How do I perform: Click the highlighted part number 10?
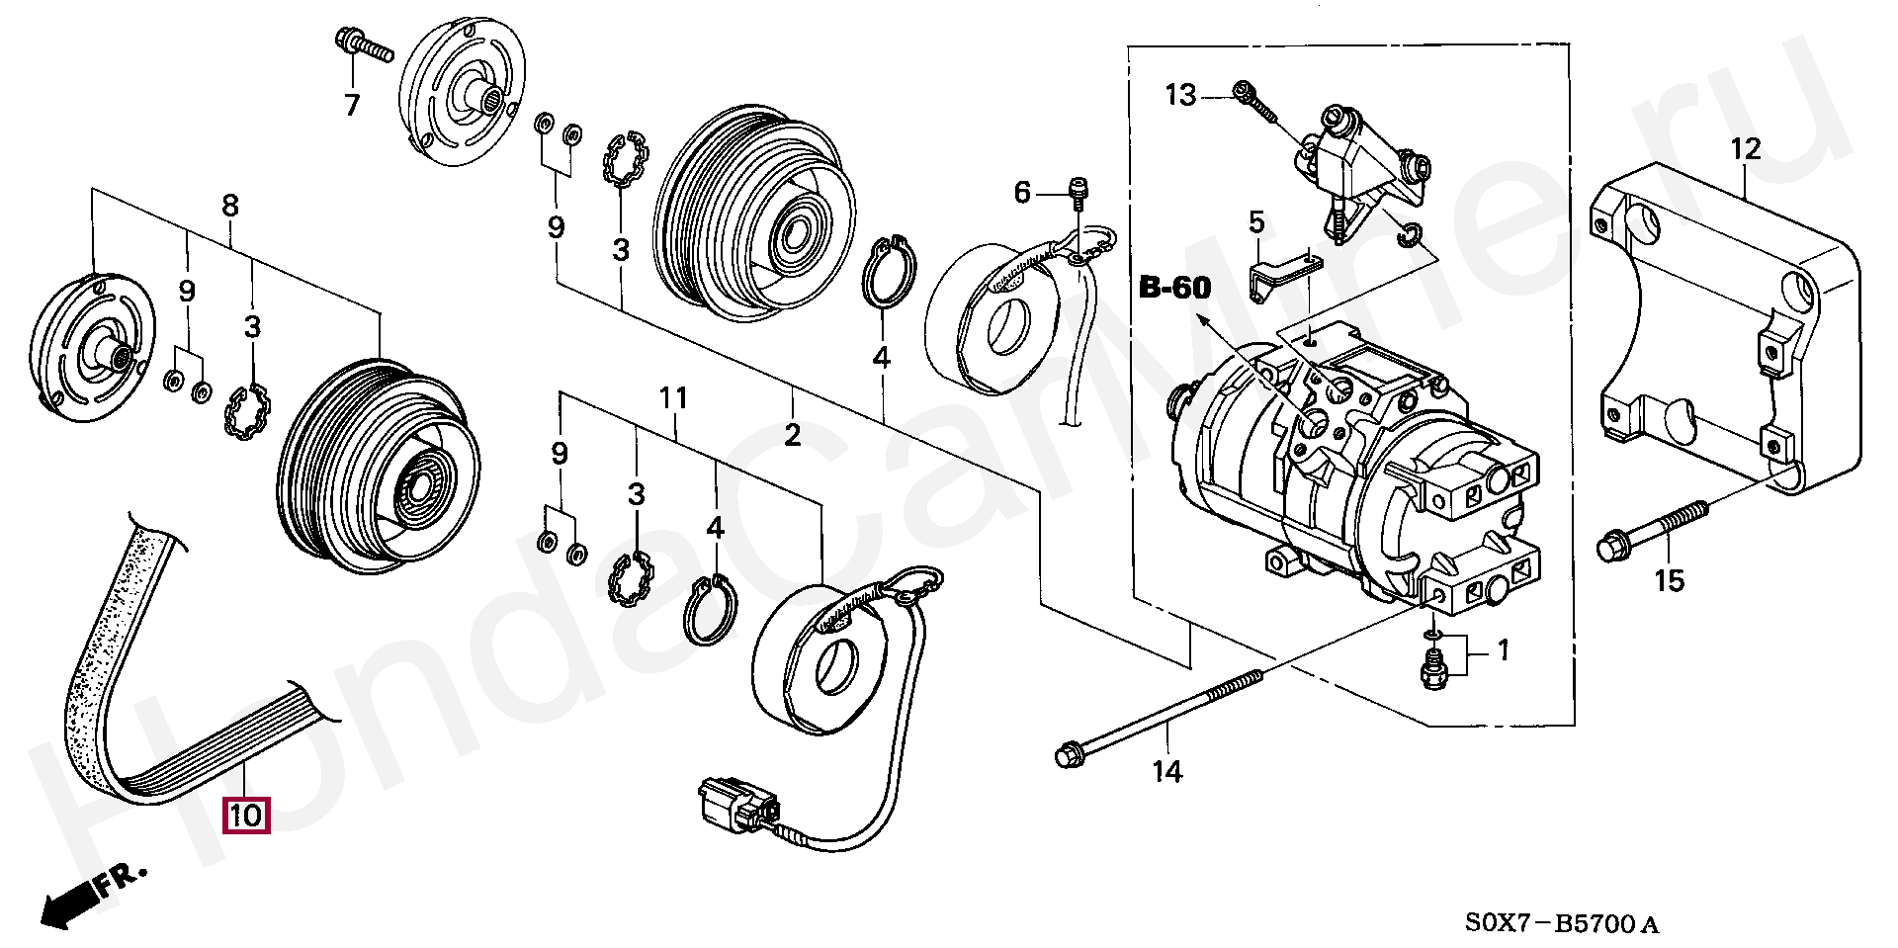pyautogui.click(x=247, y=816)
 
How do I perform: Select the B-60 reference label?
pyautogui.click(x=1174, y=288)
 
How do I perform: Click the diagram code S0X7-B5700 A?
pyautogui.click(x=1561, y=924)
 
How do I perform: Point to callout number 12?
pyautogui.click(x=1746, y=150)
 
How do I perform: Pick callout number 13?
pyautogui.click(x=1180, y=95)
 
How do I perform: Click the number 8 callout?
pyautogui.click(x=230, y=206)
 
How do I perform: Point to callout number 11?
pyautogui.click(x=674, y=398)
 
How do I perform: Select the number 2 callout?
pyautogui.click(x=793, y=435)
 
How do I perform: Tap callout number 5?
pyautogui.click(x=1255, y=222)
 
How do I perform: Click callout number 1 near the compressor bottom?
pyautogui.click(x=1504, y=650)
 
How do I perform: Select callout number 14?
pyautogui.click(x=1167, y=771)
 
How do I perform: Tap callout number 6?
pyautogui.click(x=1022, y=192)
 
